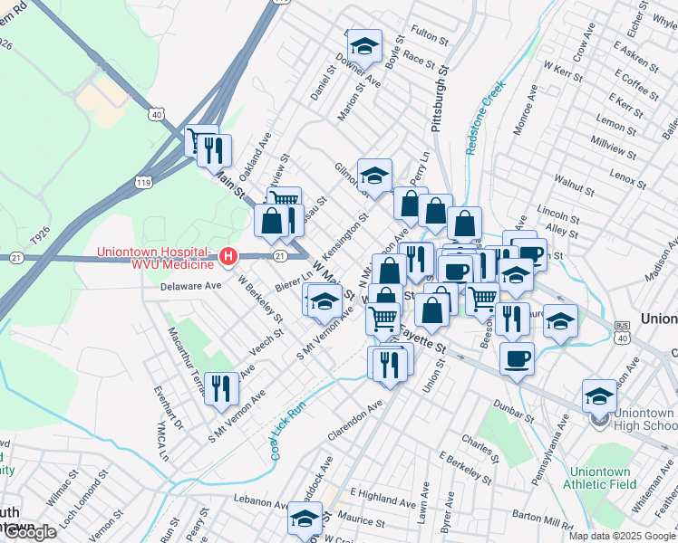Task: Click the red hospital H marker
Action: point(229,258)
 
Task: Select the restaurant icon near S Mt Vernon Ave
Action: point(221,388)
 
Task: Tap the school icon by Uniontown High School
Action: point(599,395)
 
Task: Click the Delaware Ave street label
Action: point(190,286)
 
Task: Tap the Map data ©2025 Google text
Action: point(622,536)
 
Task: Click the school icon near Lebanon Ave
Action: point(305,519)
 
